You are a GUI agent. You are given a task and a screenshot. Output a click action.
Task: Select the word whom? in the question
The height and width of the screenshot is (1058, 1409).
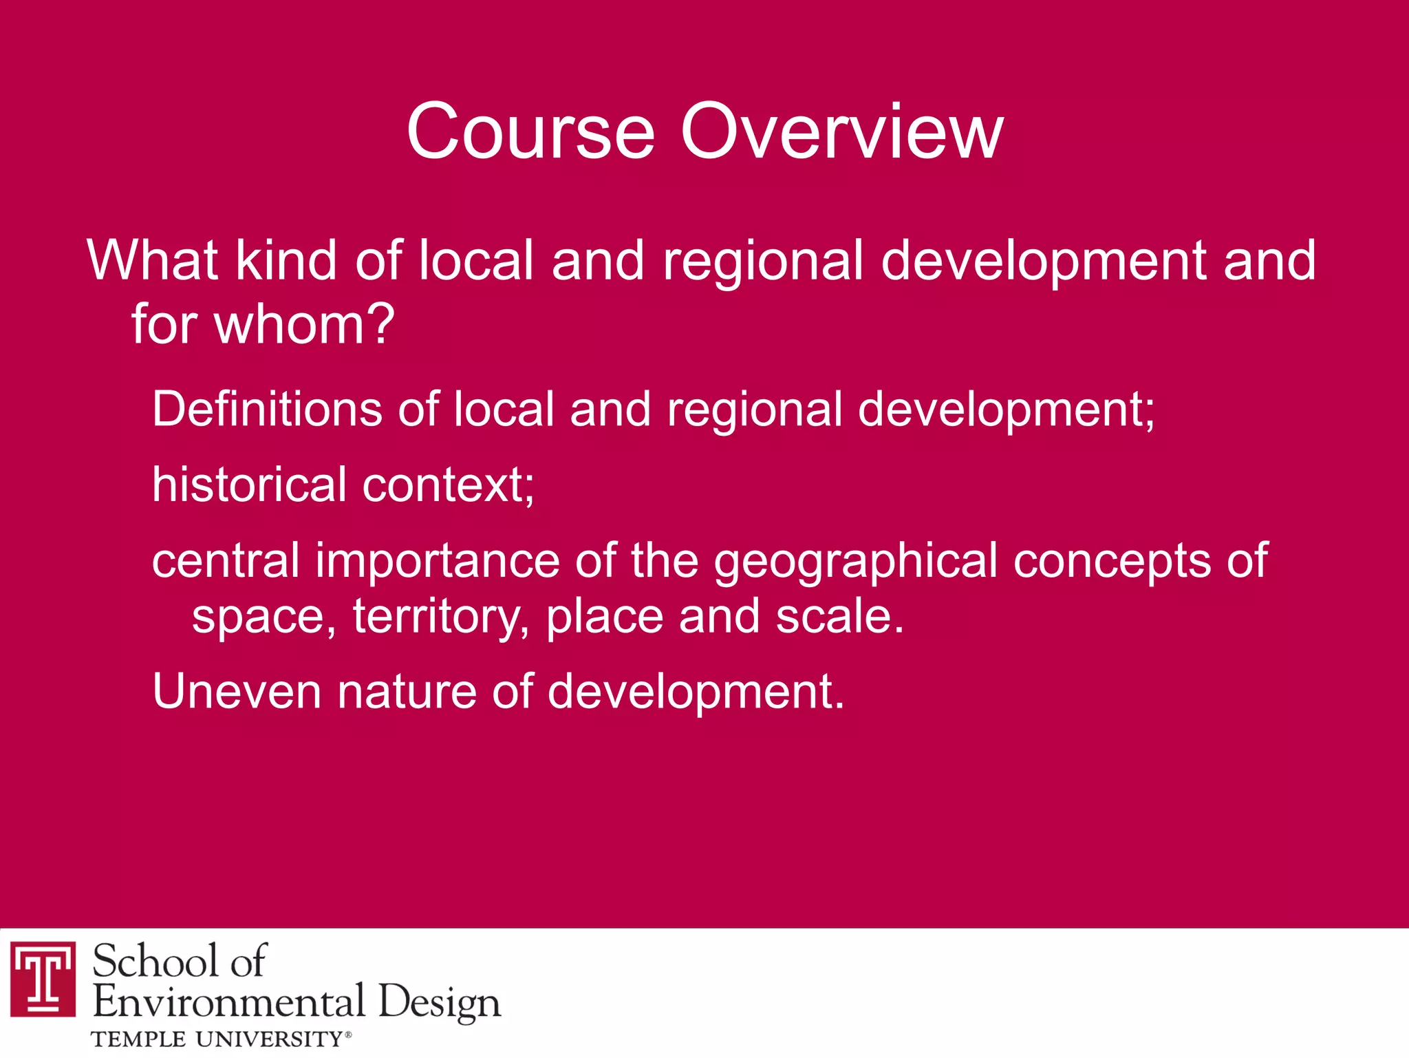[x=304, y=324]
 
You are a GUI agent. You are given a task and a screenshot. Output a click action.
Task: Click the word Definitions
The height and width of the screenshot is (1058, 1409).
[x=266, y=410]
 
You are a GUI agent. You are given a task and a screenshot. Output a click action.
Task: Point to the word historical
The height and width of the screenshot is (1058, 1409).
[x=249, y=485]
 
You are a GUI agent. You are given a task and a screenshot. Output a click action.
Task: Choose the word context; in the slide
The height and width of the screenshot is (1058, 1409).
[x=448, y=485]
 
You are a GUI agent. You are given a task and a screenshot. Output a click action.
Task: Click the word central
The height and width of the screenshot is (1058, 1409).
[x=226, y=560]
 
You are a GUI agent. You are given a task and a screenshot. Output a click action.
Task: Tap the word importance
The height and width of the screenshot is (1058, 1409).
[x=438, y=562]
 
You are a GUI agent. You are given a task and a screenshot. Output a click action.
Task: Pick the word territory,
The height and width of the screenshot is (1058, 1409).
[x=441, y=617]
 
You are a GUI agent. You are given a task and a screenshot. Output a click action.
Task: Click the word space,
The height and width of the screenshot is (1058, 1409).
[x=263, y=618]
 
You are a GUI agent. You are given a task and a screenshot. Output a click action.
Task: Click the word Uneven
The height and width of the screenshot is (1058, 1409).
[x=236, y=691]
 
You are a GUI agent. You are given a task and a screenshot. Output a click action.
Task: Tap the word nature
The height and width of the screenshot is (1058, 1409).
[x=407, y=691]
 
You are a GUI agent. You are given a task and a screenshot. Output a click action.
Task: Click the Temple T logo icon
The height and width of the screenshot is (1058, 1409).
[x=43, y=977]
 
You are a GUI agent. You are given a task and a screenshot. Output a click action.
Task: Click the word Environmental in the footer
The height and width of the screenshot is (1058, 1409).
[x=228, y=1001]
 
